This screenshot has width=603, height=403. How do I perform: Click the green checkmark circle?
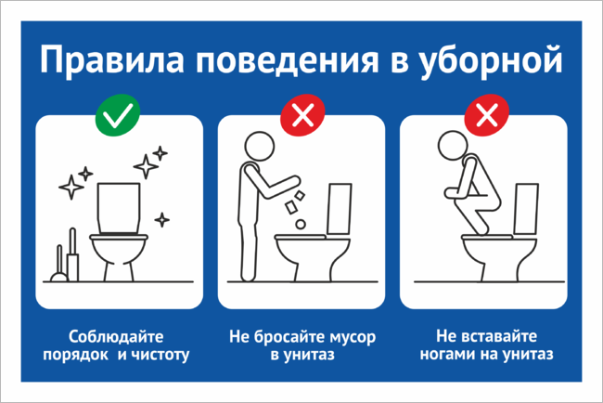pos(118,115)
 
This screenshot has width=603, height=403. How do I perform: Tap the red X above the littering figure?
pos(302,115)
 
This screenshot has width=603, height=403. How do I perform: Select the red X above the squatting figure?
pos(487,115)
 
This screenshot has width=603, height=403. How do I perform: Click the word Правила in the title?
pos(112,60)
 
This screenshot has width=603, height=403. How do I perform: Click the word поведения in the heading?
pos(288,61)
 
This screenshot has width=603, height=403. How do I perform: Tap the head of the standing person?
pos(260,147)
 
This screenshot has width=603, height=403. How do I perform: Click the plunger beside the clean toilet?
pos(59,265)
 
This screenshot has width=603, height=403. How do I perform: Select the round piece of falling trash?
pos(301,224)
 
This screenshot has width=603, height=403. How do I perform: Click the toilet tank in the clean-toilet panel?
pos(119,208)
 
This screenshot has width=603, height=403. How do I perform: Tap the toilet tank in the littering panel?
pos(340,209)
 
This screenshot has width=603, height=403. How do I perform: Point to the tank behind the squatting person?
pos(526,209)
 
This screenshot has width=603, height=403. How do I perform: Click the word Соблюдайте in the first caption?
pos(116,337)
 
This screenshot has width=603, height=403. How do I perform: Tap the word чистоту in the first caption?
pos(161,356)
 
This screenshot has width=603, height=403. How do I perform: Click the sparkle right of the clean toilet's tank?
pos(162,220)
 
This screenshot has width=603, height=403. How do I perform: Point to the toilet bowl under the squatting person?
pos(499,257)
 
